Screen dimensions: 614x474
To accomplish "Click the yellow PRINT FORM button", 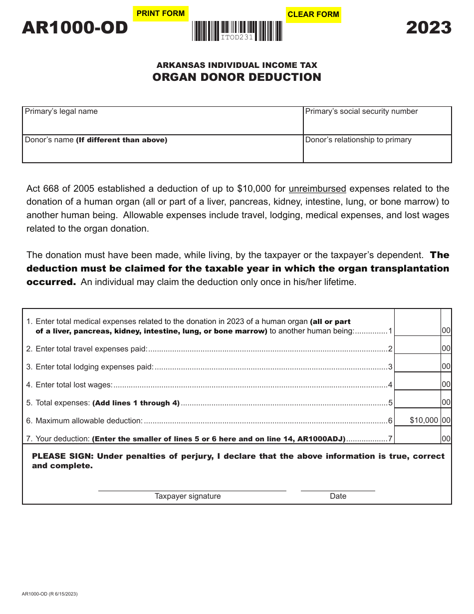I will tap(161, 13).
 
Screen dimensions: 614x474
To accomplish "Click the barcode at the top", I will tap(237, 31).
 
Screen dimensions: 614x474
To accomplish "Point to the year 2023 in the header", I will tap(429, 27).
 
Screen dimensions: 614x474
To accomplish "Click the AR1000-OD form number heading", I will tap(75, 28).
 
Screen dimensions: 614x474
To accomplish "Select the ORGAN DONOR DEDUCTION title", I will tap(237, 77).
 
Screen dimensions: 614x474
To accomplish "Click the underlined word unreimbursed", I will tap(317, 189).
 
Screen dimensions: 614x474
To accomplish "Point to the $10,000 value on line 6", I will tap(424, 420).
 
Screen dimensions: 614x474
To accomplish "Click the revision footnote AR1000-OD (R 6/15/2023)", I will tap(50, 594).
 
